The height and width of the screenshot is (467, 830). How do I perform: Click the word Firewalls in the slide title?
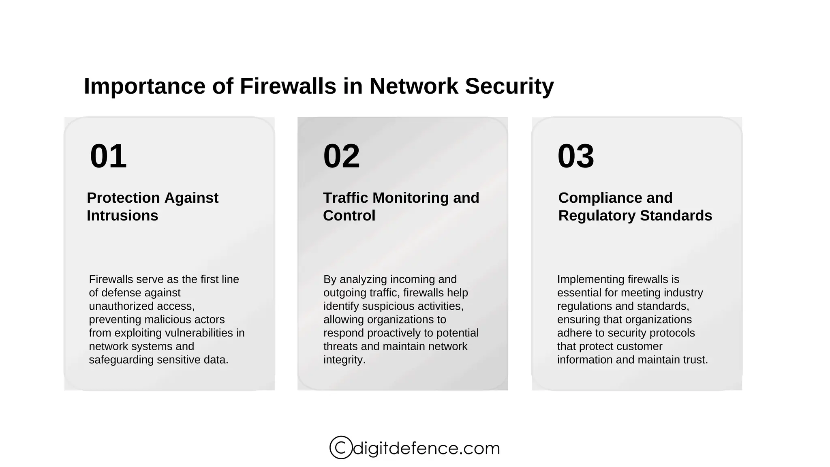pos(288,86)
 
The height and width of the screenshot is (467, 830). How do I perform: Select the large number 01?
pos(108,156)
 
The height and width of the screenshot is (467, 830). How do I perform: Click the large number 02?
pos(342,156)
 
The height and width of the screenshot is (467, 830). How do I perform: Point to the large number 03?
pos(575,156)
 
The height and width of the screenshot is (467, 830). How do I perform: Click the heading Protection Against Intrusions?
pos(152,207)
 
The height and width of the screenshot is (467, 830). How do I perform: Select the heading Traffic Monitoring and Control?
pos(401,207)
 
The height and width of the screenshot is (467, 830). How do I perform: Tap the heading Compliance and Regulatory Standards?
pos(635,207)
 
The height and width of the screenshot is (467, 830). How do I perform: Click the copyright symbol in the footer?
pos(340,448)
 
